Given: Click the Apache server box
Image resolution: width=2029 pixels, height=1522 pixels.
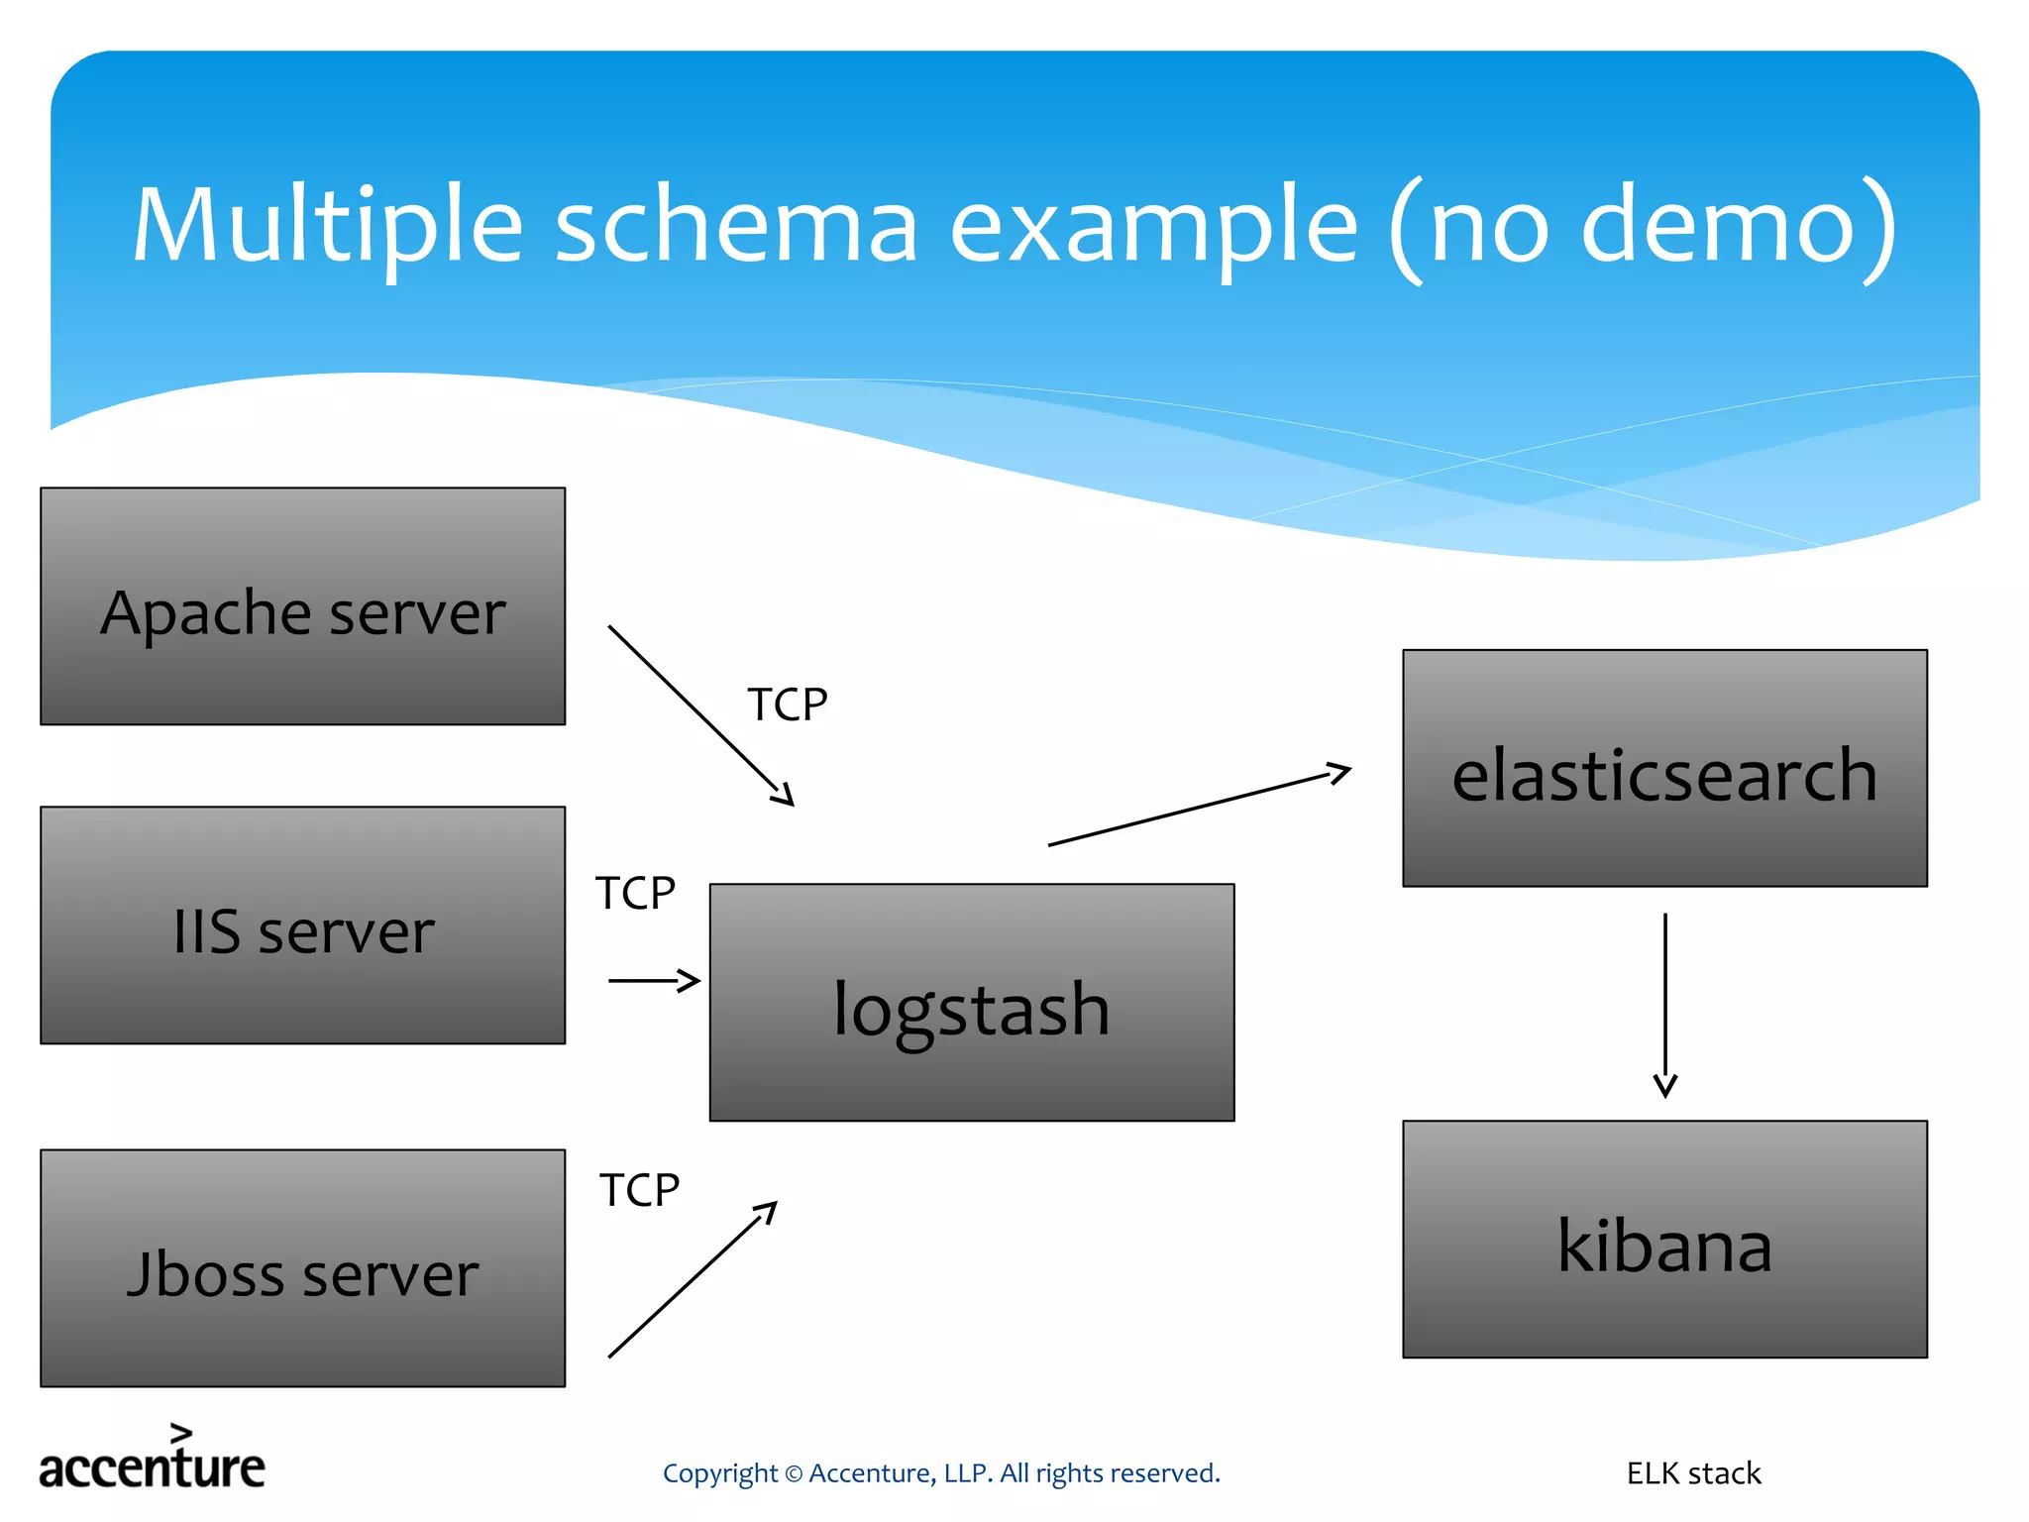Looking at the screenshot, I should tap(302, 606).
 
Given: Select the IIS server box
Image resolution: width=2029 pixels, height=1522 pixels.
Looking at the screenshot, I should tap(302, 925).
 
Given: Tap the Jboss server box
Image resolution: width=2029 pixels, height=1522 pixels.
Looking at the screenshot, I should tap(302, 1268).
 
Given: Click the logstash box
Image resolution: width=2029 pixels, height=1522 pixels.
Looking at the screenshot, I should tap(971, 1003).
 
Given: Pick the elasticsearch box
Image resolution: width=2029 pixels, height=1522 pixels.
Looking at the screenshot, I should tap(1664, 769).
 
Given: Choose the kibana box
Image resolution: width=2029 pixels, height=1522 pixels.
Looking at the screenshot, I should tap(1664, 1240).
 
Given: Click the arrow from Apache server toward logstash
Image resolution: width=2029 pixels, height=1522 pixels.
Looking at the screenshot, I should tap(700, 715).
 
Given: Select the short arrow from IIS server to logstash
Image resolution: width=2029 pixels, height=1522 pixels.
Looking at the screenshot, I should tap(654, 981).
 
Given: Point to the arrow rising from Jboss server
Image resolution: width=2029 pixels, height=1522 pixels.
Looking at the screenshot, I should tap(692, 1280).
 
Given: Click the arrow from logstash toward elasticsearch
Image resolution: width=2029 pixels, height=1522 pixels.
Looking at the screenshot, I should tap(1199, 807).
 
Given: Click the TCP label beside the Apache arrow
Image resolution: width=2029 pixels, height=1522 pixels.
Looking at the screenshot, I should tap(787, 706).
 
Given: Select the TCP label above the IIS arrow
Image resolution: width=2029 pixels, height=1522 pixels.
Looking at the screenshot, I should tap(635, 894).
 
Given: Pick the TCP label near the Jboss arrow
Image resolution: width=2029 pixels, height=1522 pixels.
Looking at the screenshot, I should tap(639, 1191).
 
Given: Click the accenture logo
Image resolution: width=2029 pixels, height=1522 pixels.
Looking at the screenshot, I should tap(152, 1461).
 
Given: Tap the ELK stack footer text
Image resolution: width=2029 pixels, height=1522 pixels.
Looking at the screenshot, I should tap(1693, 1473).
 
